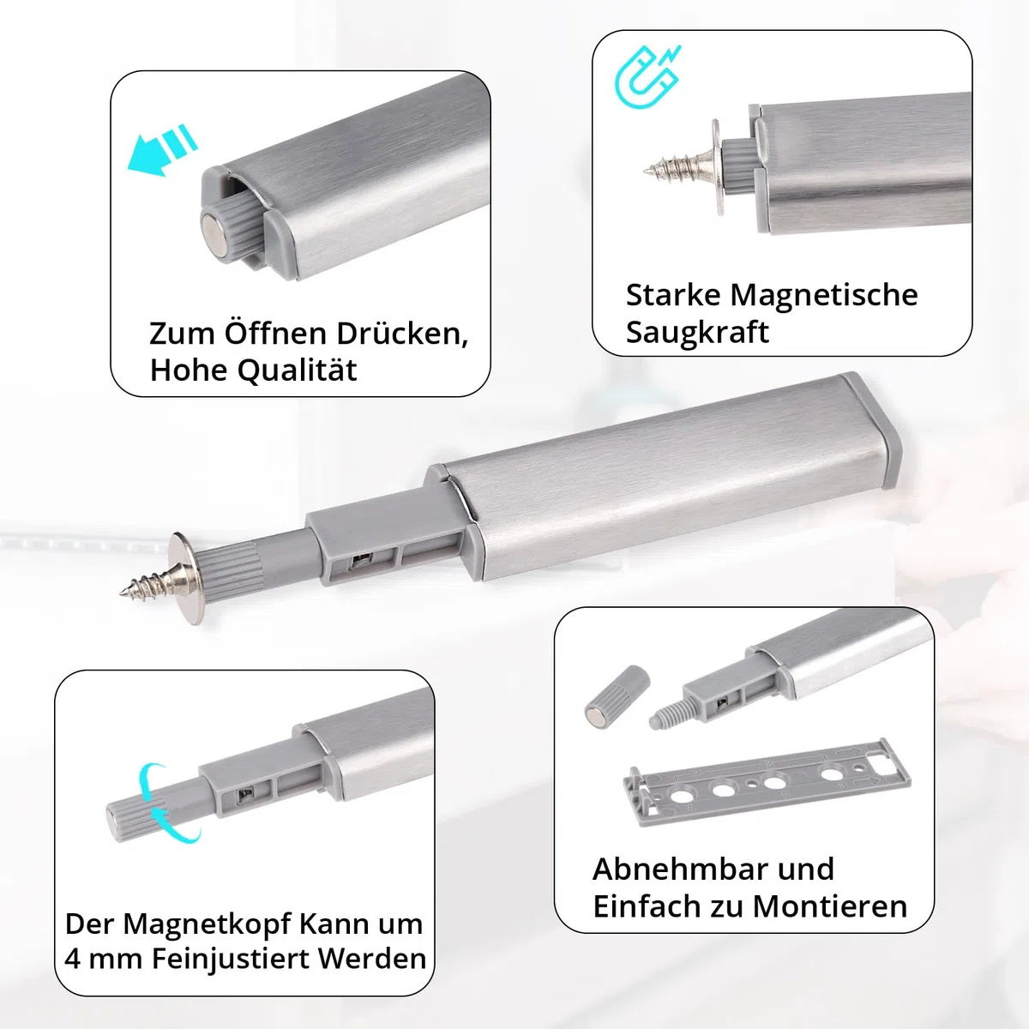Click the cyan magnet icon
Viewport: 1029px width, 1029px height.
pos(647,76)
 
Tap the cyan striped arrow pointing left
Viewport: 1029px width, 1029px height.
pos(162,150)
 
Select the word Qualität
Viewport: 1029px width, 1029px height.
pos(298,370)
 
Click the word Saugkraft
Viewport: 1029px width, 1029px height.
pos(697,333)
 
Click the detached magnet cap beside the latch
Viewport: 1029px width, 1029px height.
pos(617,696)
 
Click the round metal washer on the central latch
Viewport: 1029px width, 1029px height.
pos(186,578)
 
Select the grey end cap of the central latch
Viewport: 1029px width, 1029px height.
pos(872,430)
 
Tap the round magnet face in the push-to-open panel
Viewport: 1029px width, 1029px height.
pos(217,229)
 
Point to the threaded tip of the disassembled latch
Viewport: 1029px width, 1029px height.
pos(667,714)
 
